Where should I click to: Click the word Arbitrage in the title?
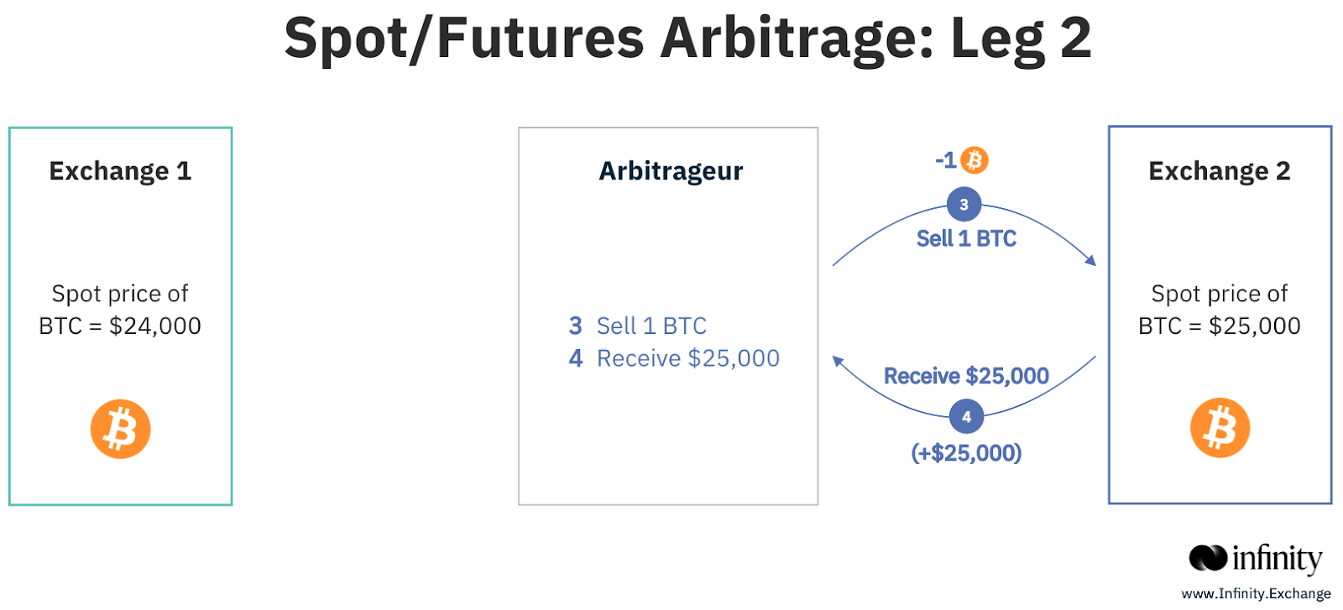[797, 39]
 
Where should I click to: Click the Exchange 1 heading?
[121, 171]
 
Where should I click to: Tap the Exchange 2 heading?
[1220, 171]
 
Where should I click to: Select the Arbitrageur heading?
[671, 171]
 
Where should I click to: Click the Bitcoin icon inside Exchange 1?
[121, 429]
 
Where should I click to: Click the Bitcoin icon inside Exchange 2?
[1220, 428]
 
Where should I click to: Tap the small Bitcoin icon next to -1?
[975, 160]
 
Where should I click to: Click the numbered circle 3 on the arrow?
[964, 205]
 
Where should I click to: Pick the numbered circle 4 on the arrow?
[966, 416]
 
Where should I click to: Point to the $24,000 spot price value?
[155, 326]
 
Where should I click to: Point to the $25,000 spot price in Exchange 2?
[1255, 326]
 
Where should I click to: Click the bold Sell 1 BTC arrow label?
[966, 238]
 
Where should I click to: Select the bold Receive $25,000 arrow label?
[966, 376]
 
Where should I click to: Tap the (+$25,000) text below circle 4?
[966, 453]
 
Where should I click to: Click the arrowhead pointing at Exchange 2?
[1091, 260]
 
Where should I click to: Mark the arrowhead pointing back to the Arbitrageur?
[839, 362]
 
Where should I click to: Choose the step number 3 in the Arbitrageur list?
[576, 326]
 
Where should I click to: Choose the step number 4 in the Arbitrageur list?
[576, 358]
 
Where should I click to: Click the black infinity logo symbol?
[1208, 558]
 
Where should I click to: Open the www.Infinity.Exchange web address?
[1256, 594]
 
